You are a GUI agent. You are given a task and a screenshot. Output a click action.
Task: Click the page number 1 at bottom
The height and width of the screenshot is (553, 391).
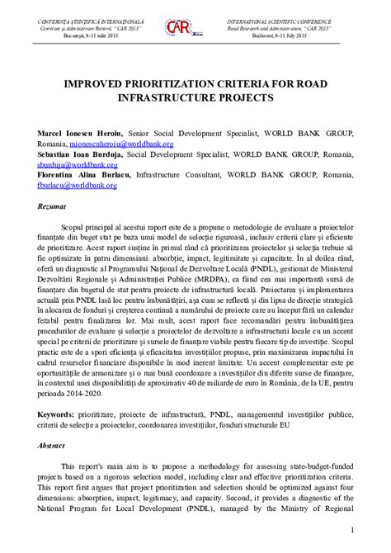click(x=352, y=529)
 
